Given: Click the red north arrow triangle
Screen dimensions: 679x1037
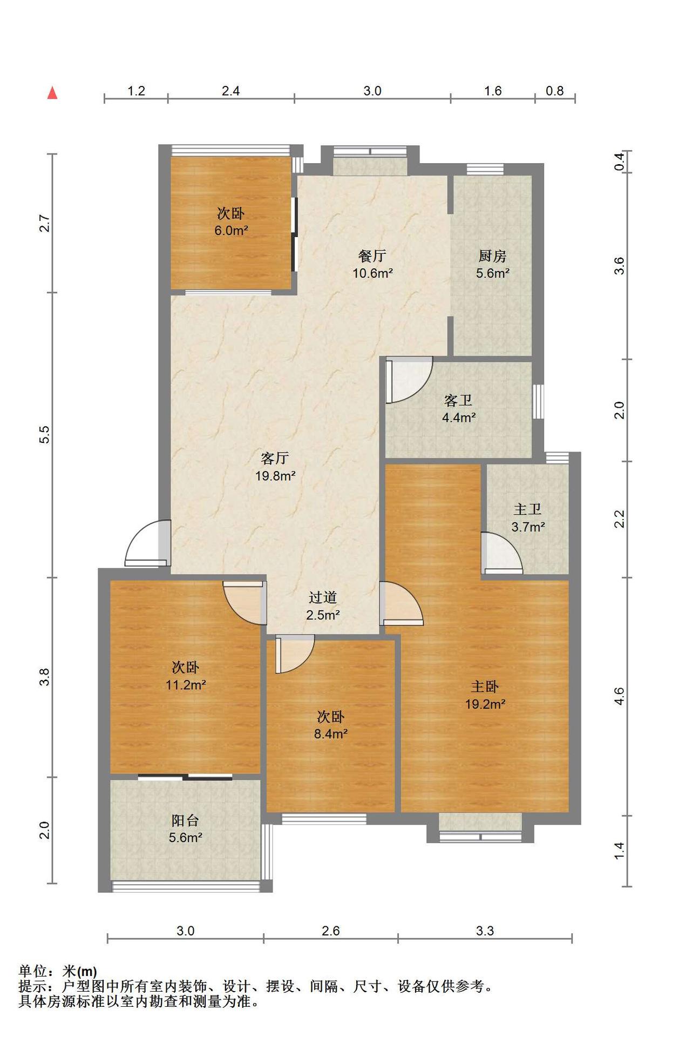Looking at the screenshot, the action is pos(52,93).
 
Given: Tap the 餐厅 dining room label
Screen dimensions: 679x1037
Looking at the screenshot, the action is pos(372,255).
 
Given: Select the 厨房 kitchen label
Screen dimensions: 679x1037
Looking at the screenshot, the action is pos(492,255).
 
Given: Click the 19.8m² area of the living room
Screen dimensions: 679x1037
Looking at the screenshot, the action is pos(275,476).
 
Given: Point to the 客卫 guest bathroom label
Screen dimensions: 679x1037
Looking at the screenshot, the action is pos(458,400).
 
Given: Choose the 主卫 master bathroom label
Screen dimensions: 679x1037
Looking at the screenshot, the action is pos(527,509).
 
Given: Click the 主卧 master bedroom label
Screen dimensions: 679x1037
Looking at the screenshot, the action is pos(485,686).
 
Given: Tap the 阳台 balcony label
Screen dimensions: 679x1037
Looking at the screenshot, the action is pos(185,820).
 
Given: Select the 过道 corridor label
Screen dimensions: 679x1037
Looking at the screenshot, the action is pos(323,597).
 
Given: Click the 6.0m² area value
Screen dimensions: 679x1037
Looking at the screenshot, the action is pos(231,231).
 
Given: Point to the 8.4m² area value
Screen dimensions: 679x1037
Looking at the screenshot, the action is pos(331,734).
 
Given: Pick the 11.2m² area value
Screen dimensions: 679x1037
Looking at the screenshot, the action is pos(186,685).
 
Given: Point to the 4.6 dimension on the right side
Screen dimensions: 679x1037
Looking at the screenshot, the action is pos(619,696).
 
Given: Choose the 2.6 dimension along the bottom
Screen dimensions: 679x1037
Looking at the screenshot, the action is pos(330,931).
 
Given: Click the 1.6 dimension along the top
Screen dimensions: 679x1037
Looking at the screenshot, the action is pos(493,91).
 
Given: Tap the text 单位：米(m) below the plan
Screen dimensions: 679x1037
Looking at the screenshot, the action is pos(58,971).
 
